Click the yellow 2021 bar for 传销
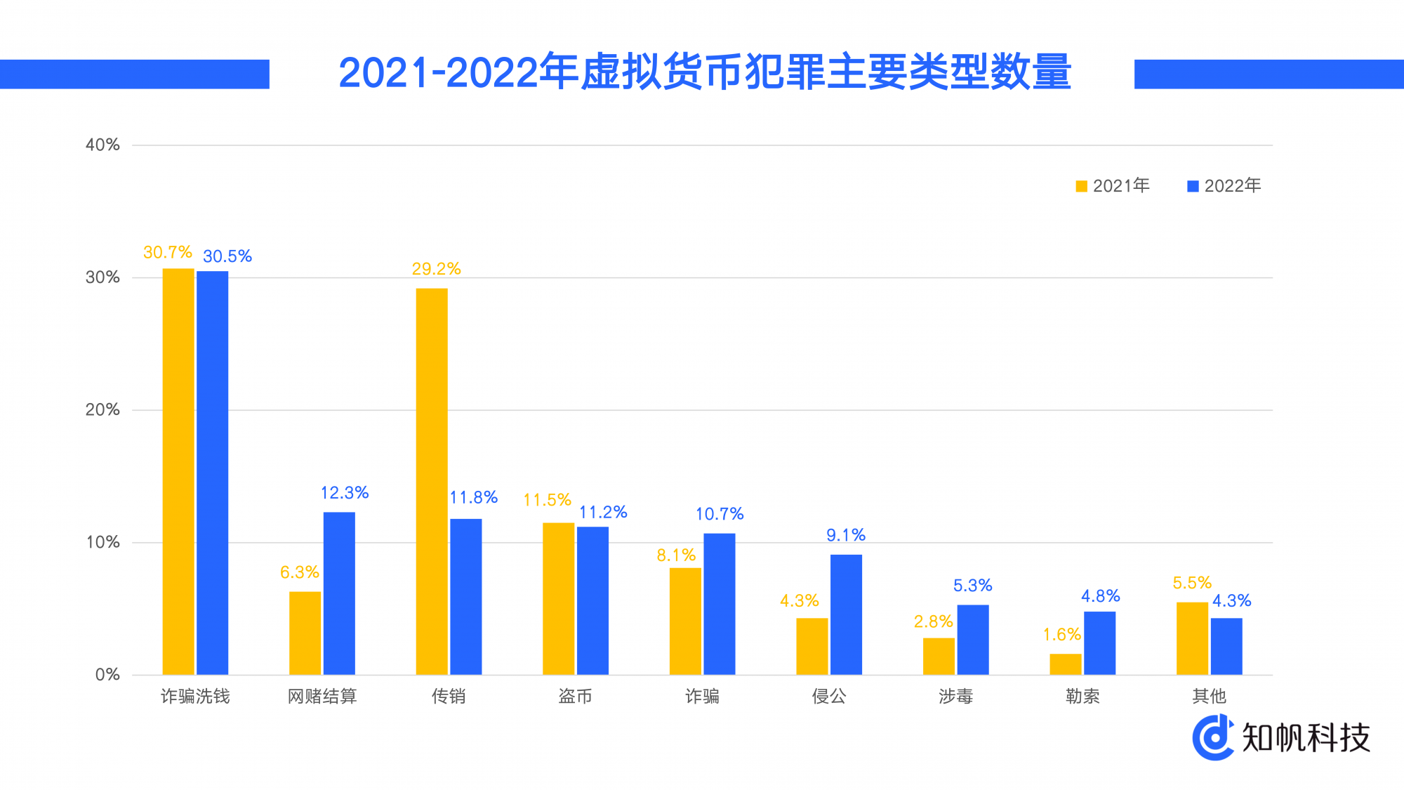click(431, 481)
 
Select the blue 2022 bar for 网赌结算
click(339, 593)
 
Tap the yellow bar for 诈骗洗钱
click(178, 471)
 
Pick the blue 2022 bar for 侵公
click(846, 614)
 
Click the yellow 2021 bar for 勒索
click(1065, 664)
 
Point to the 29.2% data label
click(436, 269)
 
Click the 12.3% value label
click(345, 493)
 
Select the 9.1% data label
click(846, 535)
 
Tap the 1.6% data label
click(1061, 635)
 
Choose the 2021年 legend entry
click(1113, 186)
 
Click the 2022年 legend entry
click(1225, 186)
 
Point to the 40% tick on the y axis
click(102, 145)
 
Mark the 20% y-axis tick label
click(102, 410)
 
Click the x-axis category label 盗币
click(575, 696)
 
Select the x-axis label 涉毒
click(955, 696)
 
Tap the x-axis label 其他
click(1209, 696)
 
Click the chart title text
click(704, 72)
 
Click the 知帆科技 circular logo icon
click(1213, 737)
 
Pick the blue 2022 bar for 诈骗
click(719, 604)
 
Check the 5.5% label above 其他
click(1192, 583)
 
